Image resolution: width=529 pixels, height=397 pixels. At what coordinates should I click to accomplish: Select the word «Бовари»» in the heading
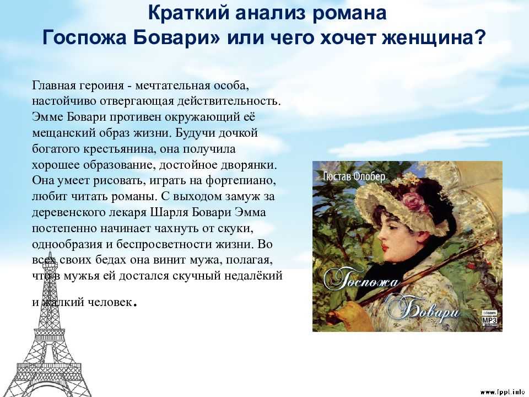click(176, 37)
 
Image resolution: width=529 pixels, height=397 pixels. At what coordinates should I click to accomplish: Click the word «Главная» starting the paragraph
click(55, 85)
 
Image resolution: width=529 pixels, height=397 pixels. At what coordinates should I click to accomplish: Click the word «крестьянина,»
click(120, 149)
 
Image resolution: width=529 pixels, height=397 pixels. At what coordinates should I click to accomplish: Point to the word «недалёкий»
click(253, 276)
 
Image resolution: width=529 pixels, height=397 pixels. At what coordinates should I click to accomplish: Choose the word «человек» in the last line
click(110, 302)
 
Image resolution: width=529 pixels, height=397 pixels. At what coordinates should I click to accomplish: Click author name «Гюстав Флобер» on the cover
click(354, 176)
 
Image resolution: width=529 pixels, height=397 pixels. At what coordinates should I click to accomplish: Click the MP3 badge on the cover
click(489, 318)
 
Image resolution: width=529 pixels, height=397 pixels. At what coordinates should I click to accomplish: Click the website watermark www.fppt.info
click(503, 392)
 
